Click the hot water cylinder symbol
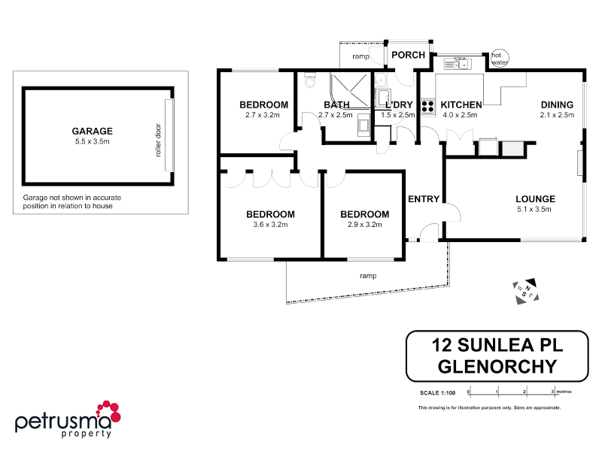[499, 59]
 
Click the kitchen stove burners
[428, 107]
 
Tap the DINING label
[556, 104]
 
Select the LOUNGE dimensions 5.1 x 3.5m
[535, 210]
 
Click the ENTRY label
[423, 199]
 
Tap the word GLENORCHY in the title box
[497, 367]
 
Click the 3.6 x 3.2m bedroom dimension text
[270, 225]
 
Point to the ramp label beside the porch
[360, 56]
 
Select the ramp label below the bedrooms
[367, 276]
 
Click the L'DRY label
[398, 104]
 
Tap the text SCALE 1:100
[438, 392]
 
